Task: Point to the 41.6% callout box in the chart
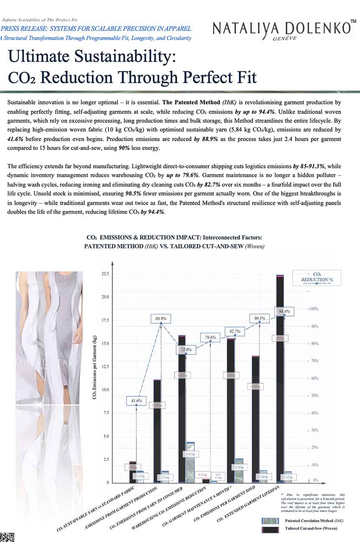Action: coord(136,401)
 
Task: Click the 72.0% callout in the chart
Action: coord(186,350)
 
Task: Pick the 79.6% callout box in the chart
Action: coord(210,337)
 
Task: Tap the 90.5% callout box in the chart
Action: coord(259,319)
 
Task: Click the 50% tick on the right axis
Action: coord(313,395)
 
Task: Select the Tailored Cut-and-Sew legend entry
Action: coord(311,528)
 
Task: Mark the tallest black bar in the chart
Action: coord(280,376)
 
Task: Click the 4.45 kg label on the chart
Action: coord(190,453)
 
